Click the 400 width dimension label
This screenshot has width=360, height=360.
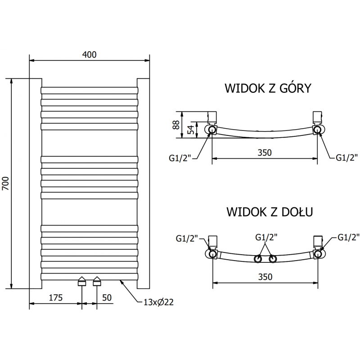pyautogui.click(x=90, y=54)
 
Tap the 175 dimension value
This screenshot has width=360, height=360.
pyautogui.click(x=55, y=297)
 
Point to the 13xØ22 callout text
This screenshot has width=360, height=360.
pyautogui.click(x=158, y=302)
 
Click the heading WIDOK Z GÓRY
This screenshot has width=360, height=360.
pyautogui.click(x=268, y=88)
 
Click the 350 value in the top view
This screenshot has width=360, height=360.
pyautogui.click(x=265, y=153)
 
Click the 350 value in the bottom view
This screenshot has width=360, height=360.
pyautogui.click(x=265, y=277)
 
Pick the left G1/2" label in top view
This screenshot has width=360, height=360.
pyautogui.click(x=180, y=157)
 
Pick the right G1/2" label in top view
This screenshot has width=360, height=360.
pyautogui.click(x=347, y=157)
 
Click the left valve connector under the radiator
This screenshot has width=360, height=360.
pyautogui.click(x=82, y=282)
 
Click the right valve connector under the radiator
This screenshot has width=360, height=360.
pyautogui.click(x=97, y=282)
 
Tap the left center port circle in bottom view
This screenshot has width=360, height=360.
pyautogui.click(x=258, y=259)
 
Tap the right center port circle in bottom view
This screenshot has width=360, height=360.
pyautogui.click(x=272, y=259)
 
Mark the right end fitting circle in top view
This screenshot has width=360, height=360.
pyautogui.click(x=318, y=130)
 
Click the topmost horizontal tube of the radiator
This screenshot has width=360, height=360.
pyautogui.click(x=89, y=90)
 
